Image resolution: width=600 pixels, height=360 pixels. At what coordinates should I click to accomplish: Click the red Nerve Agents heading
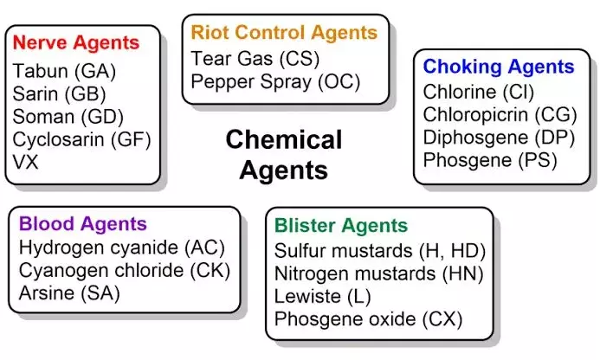click(77, 42)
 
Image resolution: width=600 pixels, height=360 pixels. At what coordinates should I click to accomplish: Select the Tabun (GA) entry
click(65, 71)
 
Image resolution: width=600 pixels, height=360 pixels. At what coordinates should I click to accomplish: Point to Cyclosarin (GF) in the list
click(82, 138)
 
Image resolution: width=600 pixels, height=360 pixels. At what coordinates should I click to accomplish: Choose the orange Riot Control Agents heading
click(284, 33)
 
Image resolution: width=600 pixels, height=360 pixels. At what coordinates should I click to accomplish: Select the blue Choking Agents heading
click(498, 67)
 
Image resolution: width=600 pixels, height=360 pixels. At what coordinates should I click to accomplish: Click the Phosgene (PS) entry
click(478, 160)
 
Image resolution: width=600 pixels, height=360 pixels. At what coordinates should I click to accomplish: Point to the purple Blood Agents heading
click(83, 224)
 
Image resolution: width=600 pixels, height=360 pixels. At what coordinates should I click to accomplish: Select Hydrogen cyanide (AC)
click(113, 247)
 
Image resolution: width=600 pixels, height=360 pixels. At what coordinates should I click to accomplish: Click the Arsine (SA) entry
click(68, 293)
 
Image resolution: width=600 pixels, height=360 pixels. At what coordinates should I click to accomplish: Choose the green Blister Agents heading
click(340, 227)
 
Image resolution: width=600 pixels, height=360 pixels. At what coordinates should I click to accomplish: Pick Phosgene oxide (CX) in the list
click(368, 319)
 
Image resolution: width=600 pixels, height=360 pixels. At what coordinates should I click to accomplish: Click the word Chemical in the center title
click(284, 139)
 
